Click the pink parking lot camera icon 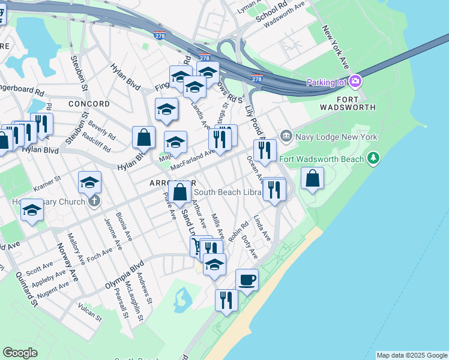pos(355,82)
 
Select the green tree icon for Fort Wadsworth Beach pos(374,158)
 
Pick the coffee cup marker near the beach pos(247,280)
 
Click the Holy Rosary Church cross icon pos(94,202)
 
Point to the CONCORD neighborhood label pos(89,104)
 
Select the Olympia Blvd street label pos(125,272)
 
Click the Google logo pos(20,353)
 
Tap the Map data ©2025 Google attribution pos(412,355)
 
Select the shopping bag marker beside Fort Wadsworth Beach pos(312,179)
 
